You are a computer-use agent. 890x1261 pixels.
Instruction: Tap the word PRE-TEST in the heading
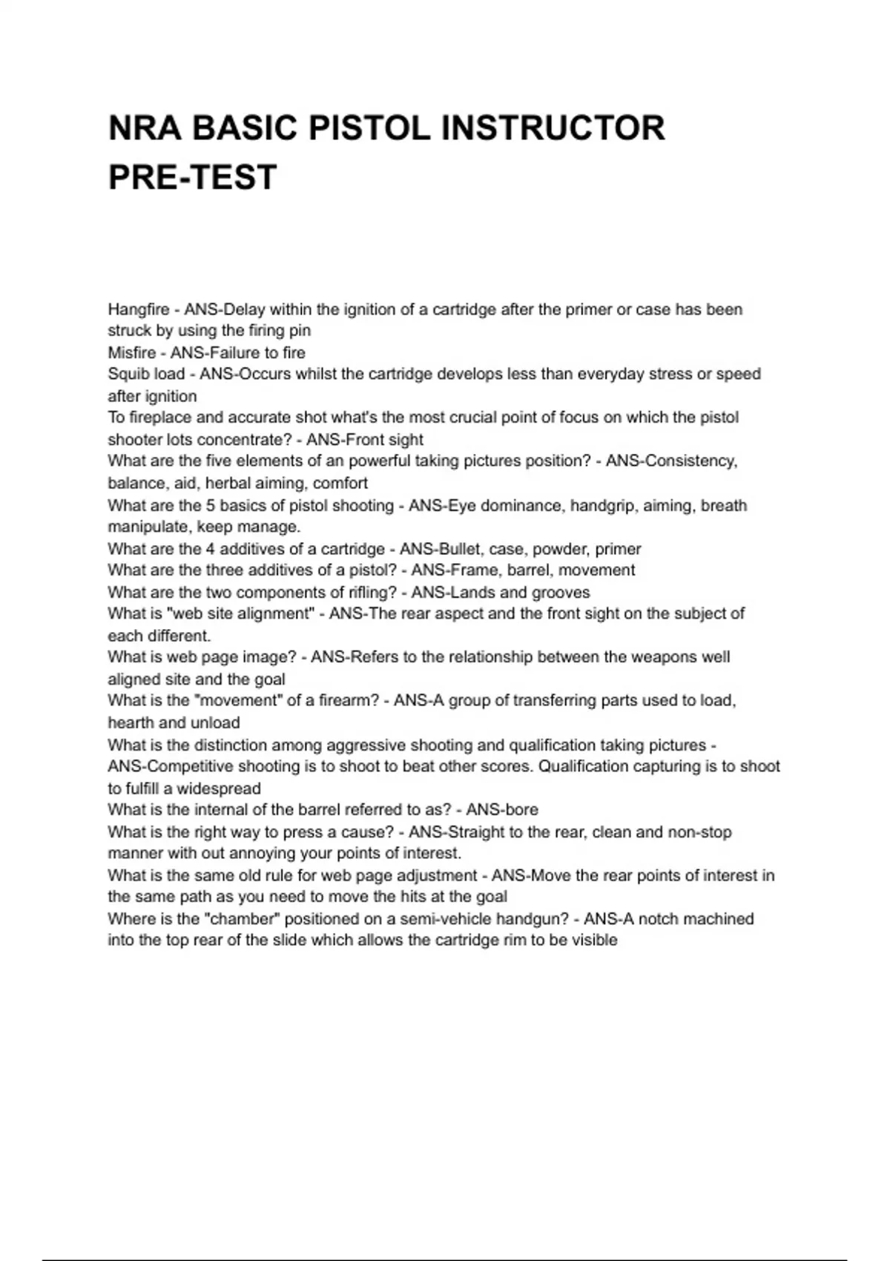(193, 177)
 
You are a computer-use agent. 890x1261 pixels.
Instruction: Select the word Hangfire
(139, 309)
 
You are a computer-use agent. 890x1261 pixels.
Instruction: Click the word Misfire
(132, 352)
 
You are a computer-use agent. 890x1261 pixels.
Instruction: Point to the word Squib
(129, 374)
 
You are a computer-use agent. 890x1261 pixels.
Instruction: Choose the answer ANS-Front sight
(365, 439)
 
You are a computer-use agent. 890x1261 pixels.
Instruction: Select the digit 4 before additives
(210, 549)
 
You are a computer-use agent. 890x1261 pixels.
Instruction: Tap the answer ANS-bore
(502, 809)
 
